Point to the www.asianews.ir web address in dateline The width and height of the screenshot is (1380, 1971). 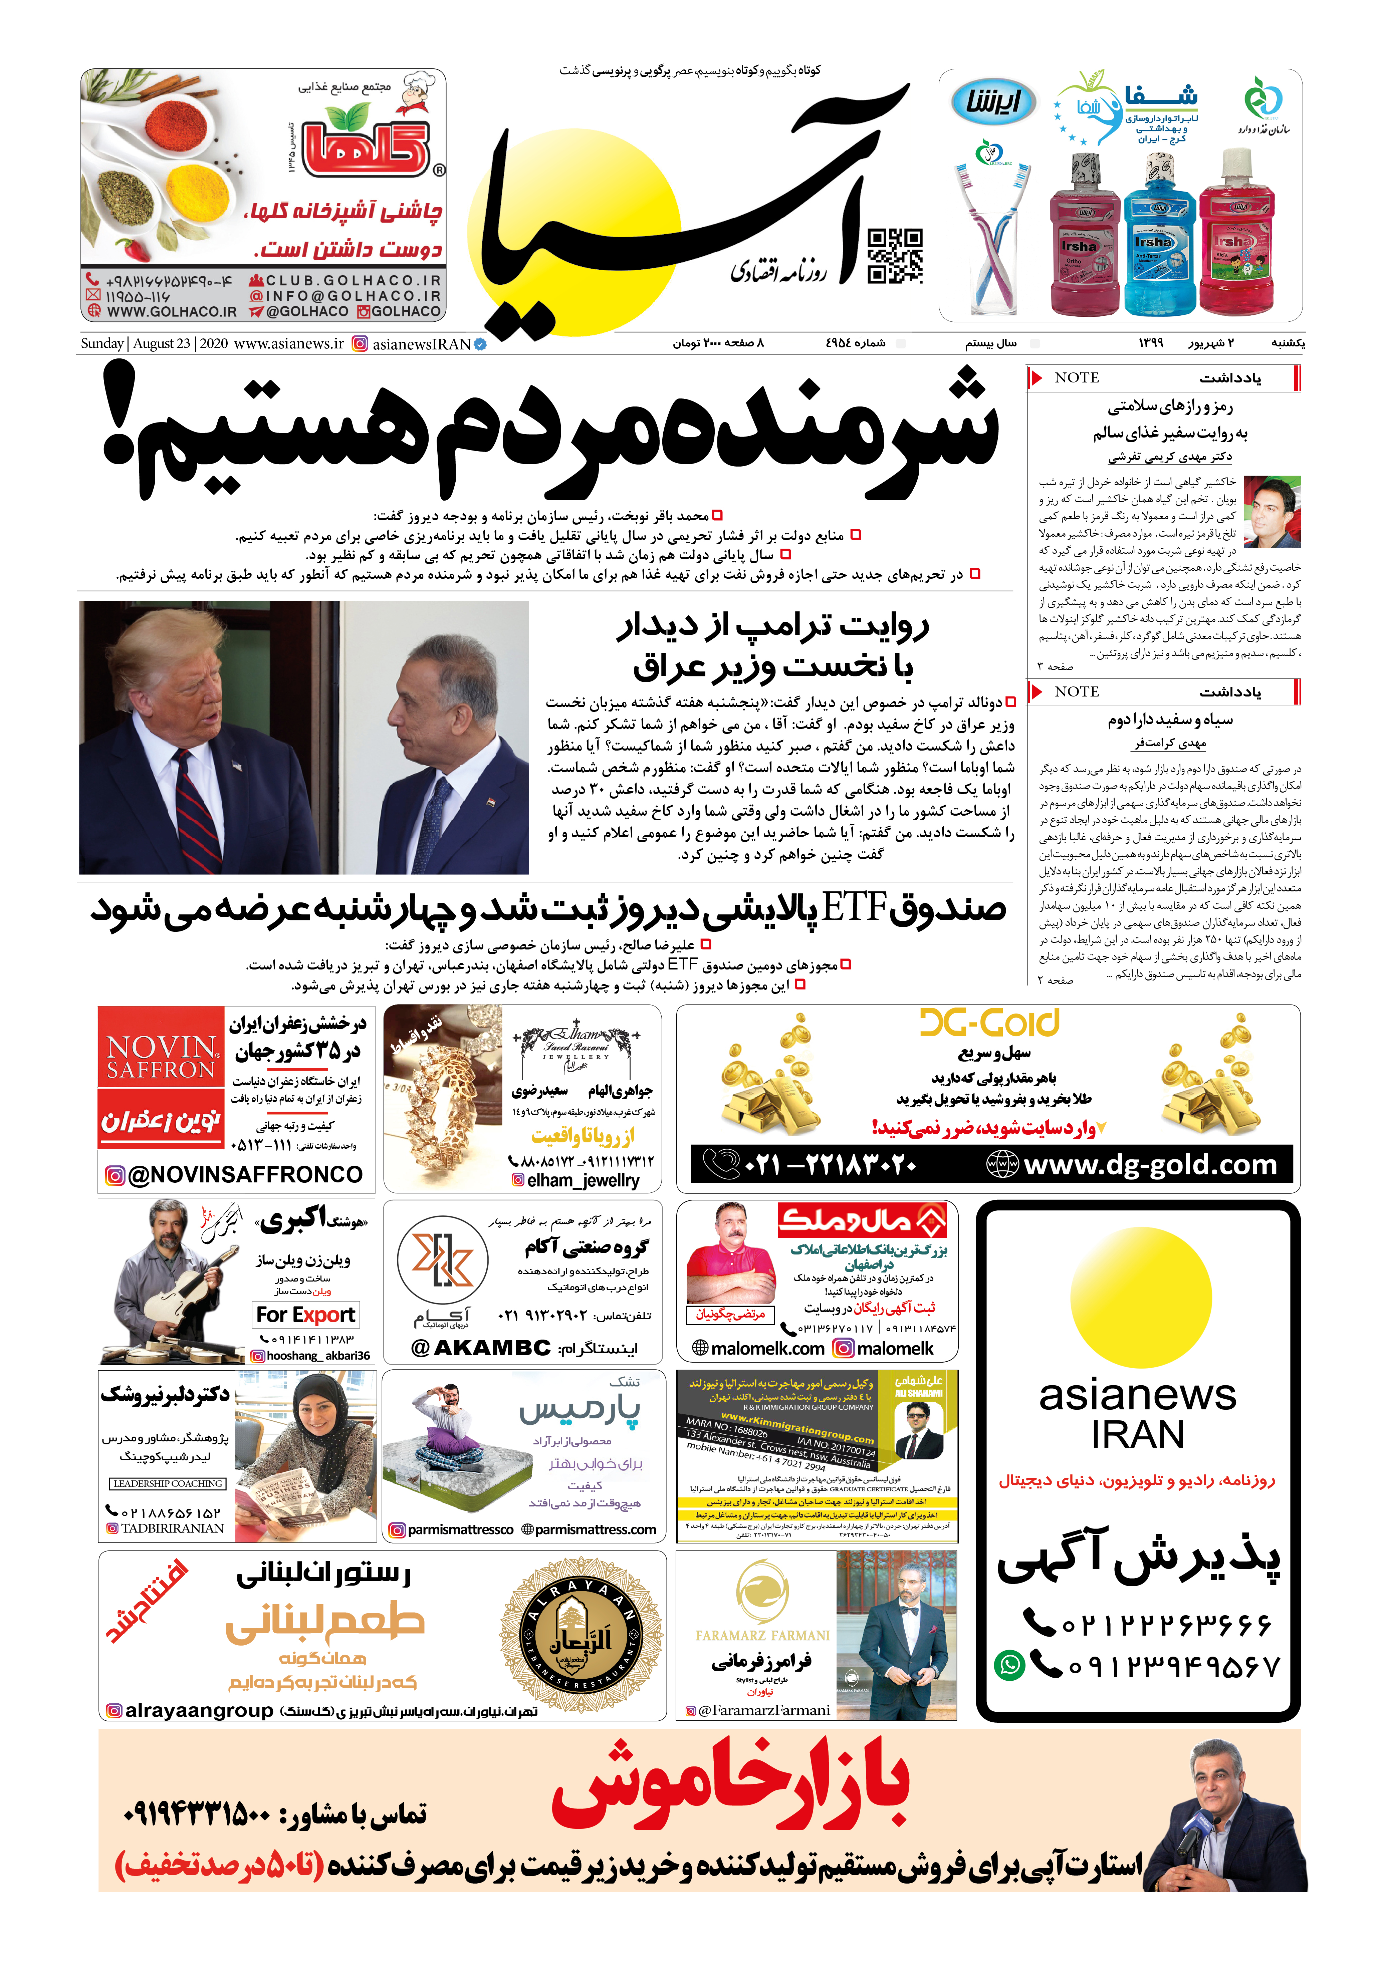(x=288, y=343)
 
